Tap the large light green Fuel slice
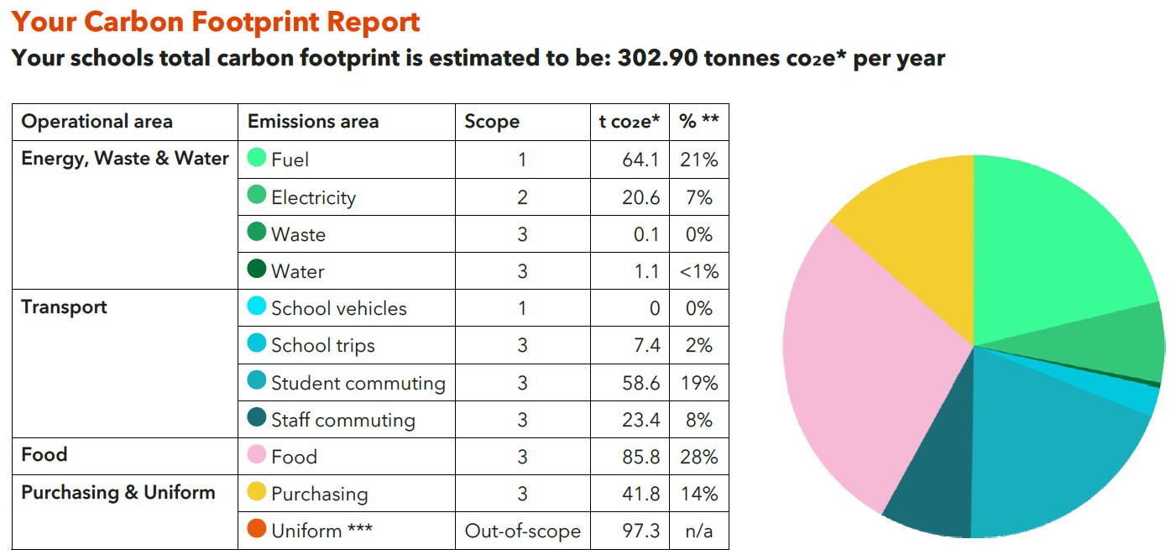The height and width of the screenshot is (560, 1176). pos(1058,243)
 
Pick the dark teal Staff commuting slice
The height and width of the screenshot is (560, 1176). pos(928,495)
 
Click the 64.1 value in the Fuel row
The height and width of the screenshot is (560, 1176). pos(642,160)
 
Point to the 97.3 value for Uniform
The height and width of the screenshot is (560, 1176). pos(642,531)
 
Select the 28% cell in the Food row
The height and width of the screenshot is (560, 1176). pos(699,457)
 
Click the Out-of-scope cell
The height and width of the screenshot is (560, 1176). pos(522,531)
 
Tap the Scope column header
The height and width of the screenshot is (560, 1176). pos(492,122)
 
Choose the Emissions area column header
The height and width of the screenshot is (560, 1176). pos(313,122)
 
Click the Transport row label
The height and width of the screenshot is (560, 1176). pos(65,306)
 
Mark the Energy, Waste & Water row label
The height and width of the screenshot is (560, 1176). pos(125,159)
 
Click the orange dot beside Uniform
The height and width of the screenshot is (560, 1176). pos(257,530)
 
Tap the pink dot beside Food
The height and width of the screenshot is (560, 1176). pos(257,456)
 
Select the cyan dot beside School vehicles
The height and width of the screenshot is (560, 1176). pos(257,307)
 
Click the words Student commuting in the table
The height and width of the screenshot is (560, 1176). pos(358,383)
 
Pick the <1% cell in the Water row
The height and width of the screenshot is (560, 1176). pos(699,271)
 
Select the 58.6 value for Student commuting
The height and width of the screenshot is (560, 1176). pos(642,383)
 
